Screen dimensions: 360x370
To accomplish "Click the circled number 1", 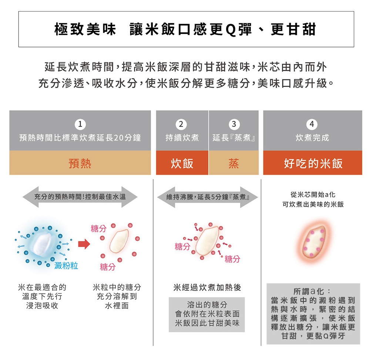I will (x=80, y=124).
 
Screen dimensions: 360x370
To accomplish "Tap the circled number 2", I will (x=181, y=124).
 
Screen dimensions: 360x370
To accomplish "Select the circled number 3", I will (x=234, y=124).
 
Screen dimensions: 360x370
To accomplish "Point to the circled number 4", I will (x=312, y=124).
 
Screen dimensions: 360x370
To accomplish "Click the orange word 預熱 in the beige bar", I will (x=80, y=163).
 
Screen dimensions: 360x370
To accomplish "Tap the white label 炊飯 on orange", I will (x=182, y=163).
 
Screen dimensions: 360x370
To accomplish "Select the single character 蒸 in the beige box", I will (x=234, y=163).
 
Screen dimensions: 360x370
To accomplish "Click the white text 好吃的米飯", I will (x=313, y=163).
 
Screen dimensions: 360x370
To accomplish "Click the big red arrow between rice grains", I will (x=84, y=244).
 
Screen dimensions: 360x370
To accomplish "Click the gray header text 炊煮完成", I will (x=312, y=138).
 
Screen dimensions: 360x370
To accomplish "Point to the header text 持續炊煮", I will (x=182, y=138).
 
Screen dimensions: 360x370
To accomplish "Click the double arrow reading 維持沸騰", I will (x=208, y=197).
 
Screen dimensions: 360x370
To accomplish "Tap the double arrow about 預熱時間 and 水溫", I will (x=80, y=197).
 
